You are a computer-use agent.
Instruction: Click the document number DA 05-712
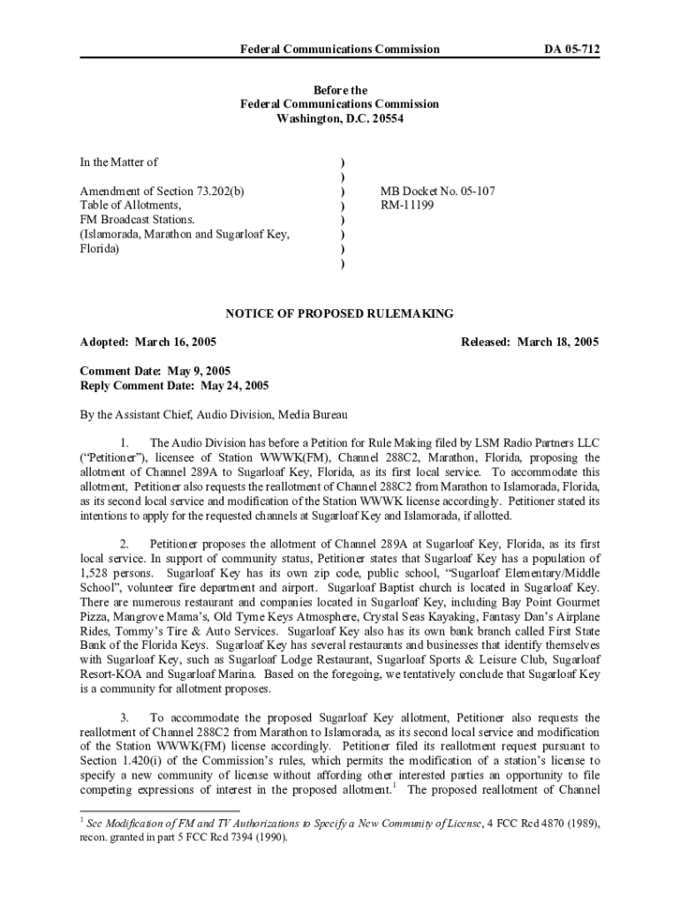[570, 49]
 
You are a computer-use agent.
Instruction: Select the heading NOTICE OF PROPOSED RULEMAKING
[339, 313]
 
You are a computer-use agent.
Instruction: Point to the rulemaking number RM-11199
[407, 204]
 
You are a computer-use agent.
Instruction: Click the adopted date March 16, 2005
[176, 343]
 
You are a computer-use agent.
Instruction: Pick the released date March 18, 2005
[558, 343]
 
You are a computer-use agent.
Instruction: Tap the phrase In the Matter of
[118, 162]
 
